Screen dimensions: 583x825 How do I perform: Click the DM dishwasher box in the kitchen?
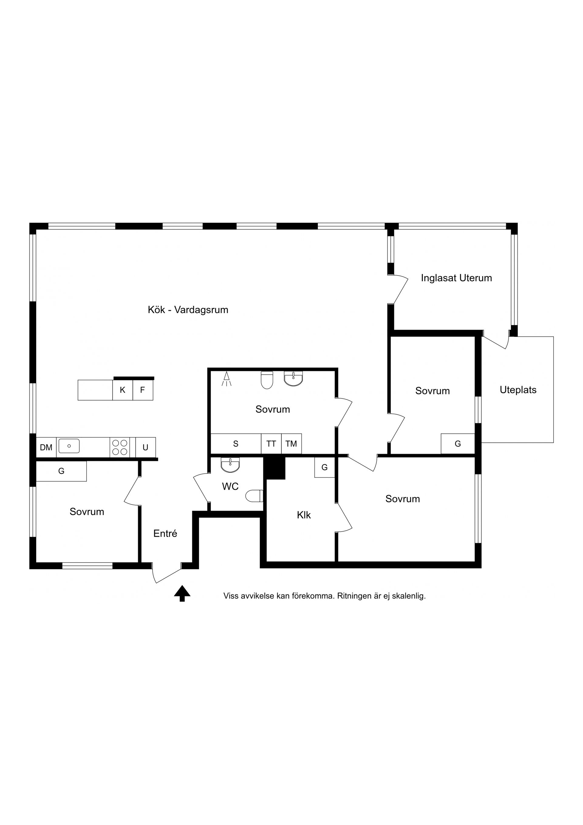(x=46, y=447)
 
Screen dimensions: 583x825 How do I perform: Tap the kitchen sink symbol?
(x=69, y=446)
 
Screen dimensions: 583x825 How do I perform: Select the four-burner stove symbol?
(x=120, y=447)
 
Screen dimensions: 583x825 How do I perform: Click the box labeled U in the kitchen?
(x=145, y=447)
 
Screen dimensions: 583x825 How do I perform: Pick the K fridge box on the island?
(x=122, y=390)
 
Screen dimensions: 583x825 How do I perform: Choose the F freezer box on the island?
(x=143, y=390)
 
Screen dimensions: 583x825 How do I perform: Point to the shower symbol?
(x=226, y=379)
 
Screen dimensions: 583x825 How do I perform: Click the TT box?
(x=271, y=444)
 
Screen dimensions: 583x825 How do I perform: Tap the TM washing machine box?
(x=291, y=444)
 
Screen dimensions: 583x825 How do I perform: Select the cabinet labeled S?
(x=236, y=444)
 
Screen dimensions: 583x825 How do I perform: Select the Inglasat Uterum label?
(x=456, y=278)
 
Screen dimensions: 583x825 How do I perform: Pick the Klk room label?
(x=304, y=515)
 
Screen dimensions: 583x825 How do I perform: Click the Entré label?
(x=165, y=534)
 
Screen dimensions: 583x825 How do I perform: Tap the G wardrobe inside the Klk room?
(x=325, y=467)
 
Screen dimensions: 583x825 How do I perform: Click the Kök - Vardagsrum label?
(x=188, y=310)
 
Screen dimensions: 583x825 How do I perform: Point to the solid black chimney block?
(x=275, y=468)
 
